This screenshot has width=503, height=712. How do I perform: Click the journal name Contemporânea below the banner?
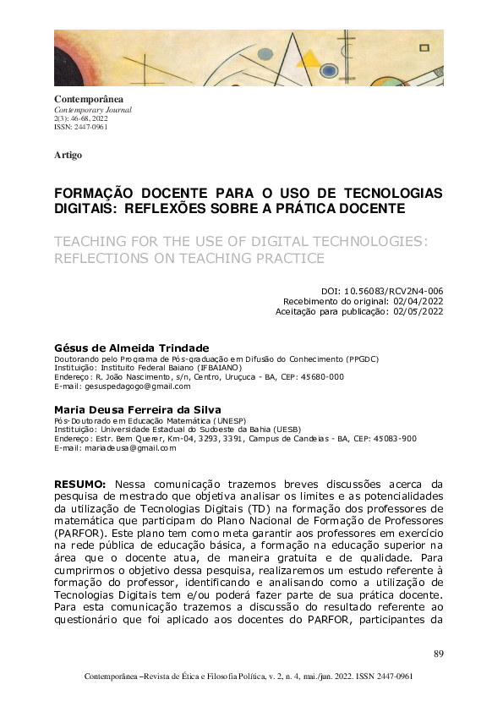click(85, 101)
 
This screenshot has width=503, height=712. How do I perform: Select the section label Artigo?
click(68, 156)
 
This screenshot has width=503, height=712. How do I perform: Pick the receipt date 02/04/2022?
click(418, 300)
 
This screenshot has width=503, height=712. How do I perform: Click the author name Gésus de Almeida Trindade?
click(131, 348)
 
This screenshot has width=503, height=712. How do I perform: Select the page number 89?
click(438, 653)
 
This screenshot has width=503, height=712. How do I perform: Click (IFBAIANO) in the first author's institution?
click(211, 368)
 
